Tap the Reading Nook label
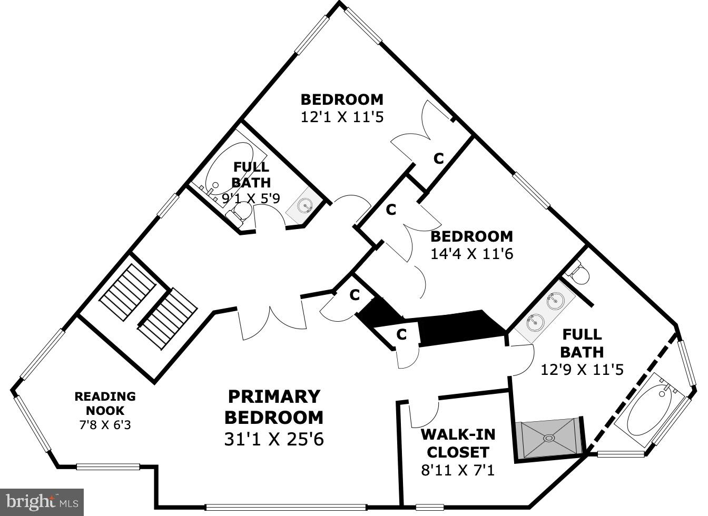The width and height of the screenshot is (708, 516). [x=105, y=403]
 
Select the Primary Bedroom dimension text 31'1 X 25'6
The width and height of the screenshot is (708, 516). [x=274, y=439]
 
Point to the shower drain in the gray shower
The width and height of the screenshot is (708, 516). [x=549, y=437]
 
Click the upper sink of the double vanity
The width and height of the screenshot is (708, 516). [x=554, y=301]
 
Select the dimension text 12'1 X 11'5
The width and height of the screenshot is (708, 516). [x=342, y=117]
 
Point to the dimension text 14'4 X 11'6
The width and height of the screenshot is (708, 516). [x=471, y=254]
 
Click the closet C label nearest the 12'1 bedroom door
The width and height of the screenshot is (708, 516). [x=438, y=158]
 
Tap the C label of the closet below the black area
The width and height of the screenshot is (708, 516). [x=401, y=334]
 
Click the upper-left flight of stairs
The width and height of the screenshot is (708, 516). [x=128, y=292]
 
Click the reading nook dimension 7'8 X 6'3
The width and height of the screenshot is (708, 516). [x=105, y=424]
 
